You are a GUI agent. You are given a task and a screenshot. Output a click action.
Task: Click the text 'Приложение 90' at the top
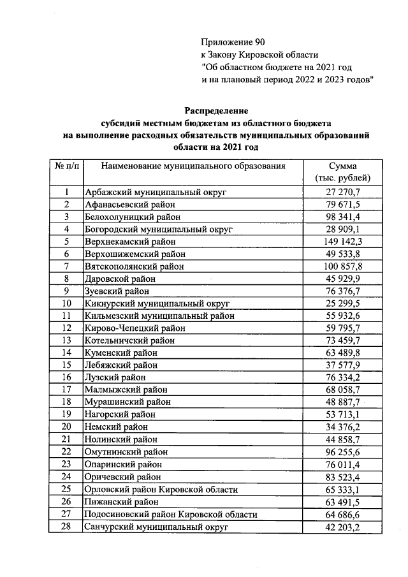tap(232, 42)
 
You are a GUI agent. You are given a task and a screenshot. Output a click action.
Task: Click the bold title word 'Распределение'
tap(216, 111)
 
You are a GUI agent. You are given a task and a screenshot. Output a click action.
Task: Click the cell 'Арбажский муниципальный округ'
tap(156, 192)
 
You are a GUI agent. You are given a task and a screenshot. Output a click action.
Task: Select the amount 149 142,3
tap(344, 242)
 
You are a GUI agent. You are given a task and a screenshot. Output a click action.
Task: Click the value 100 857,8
tap(344, 267)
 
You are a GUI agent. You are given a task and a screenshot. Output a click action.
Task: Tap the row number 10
tap(66, 303)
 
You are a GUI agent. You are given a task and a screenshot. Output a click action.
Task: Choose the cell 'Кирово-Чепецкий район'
tap(135, 328)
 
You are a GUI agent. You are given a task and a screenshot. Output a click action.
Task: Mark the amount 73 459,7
tap(344, 340)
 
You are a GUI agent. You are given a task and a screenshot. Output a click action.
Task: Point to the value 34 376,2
tap(344, 427)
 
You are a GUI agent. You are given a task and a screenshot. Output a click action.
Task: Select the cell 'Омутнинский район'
tap(126, 452)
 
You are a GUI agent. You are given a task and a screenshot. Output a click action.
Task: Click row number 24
tap(66, 477)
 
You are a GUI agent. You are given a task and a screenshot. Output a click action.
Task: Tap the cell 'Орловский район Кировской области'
tap(161, 490)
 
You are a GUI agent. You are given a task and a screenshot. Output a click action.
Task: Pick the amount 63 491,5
tap(344, 502)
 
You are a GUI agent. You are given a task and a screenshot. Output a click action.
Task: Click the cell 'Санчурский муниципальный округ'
tap(157, 527)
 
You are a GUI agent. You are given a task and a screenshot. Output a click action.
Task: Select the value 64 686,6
tap(344, 515)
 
